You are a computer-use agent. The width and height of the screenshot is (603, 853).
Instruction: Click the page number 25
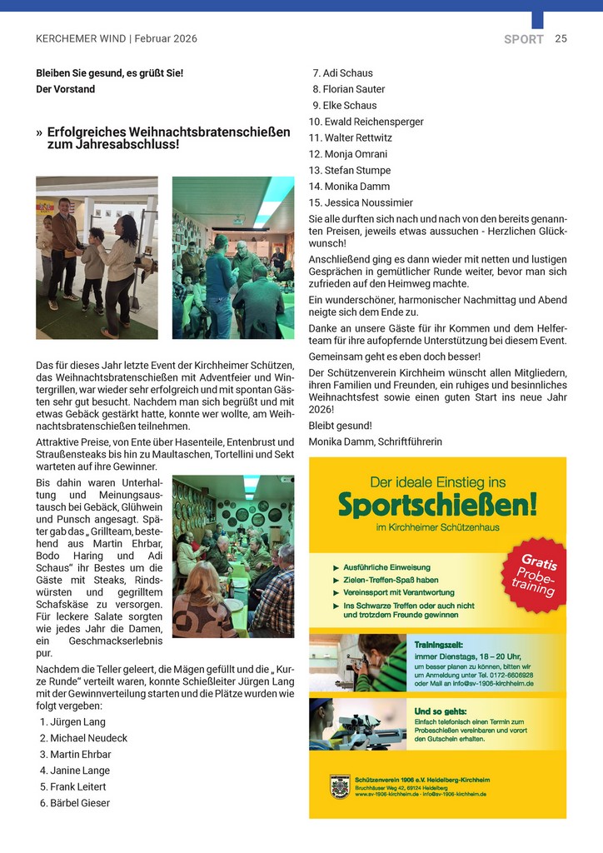coord(561,38)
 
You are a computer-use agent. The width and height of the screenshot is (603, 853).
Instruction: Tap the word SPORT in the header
coord(523,39)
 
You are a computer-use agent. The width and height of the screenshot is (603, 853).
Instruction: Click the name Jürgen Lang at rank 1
coord(78,721)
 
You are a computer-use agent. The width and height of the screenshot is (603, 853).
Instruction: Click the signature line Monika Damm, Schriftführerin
coord(375,441)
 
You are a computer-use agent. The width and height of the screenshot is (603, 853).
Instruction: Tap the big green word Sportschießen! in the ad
coord(437,503)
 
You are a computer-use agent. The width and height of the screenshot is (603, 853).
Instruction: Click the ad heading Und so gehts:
coord(440,711)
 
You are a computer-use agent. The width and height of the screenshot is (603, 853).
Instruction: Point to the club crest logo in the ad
coord(339,786)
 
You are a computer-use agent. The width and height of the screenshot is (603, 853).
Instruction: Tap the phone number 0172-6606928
coord(511,675)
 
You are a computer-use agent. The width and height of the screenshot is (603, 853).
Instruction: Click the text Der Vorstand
coord(65,89)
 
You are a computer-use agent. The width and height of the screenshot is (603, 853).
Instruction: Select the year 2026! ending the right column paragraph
coord(321,409)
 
